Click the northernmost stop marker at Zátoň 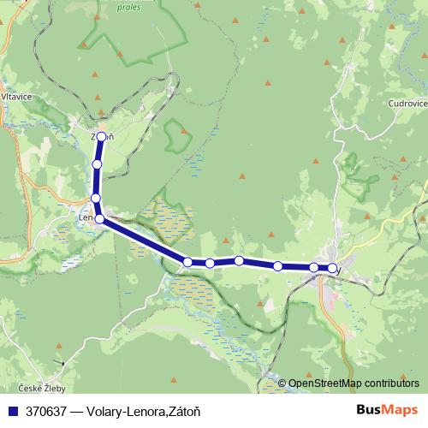pyautogui.click(x=102, y=136)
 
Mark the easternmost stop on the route pyautogui.click(x=332, y=269)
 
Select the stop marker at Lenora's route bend pyautogui.click(x=100, y=219)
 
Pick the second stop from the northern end pyautogui.click(x=98, y=163)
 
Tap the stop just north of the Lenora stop pyautogui.click(x=96, y=199)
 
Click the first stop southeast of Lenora pyautogui.click(x=187, y=261)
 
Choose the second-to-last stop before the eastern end pyautogui.click(x=314, y=268)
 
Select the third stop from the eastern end pyautogui.click(x=278, y=266)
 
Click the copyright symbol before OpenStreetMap pyautogui.click(x=282, y=383)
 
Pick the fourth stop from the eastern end pyautogui.click(x=239, y=260)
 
